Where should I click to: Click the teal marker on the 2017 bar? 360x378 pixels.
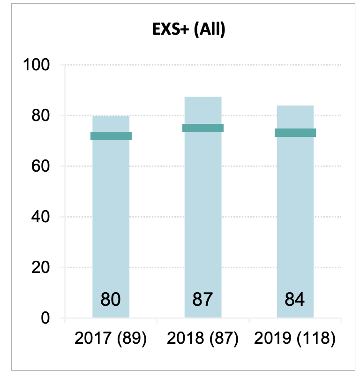tap(111, 136)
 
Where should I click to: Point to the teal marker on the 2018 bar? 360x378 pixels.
tap(203, 128)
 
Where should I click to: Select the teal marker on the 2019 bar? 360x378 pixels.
tap(295, 133)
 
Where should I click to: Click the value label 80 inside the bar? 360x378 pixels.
tap(111, 299)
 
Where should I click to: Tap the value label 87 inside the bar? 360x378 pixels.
tap(202, 299)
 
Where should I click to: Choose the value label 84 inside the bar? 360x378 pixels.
tap(295, 299)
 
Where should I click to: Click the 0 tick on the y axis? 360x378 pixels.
tap(46, 318)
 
